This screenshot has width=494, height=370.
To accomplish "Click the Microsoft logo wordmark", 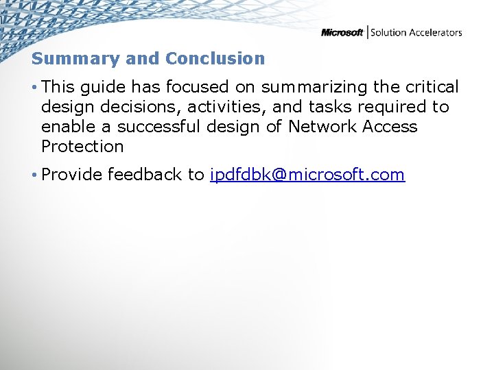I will pos(342,32).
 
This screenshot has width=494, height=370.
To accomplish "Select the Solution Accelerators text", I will pos(416,32).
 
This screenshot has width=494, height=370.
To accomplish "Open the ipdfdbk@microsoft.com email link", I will pos(307,175).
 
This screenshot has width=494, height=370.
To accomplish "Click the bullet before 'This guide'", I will pos(34,87).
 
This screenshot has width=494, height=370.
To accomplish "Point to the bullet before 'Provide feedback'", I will pos(34,175).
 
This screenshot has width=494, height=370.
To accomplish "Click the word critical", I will pos(432,87).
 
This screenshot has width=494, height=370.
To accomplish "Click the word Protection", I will pos(82,147).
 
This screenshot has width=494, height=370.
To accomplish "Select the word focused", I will pos(199,87).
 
